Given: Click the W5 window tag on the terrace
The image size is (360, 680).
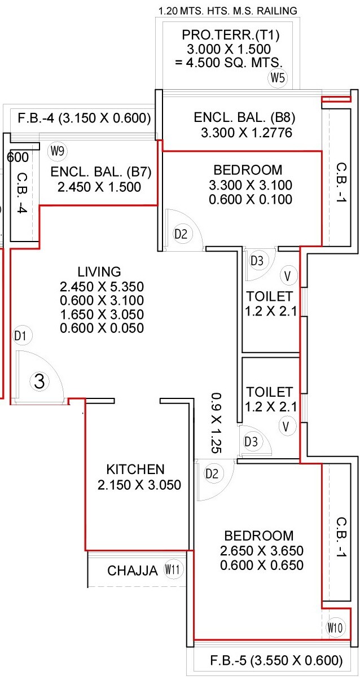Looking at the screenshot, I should click(x=278, y=78).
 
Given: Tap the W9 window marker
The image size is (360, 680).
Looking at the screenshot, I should click(x=57, y=151).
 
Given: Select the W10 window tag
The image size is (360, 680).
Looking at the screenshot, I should click(x=334, y=626).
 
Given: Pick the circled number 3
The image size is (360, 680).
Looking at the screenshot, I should click(x=39, y=382).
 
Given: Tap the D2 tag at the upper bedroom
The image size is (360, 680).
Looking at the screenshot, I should click(x=180, y=234).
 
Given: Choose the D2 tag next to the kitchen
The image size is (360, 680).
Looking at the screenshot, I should click(x=212, y=474).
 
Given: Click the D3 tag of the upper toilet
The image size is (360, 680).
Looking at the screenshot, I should click(x=257, y=261).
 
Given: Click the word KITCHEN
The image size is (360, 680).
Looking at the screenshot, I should click(x=135, y=469).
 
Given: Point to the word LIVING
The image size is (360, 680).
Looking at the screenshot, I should click(x=99, y=270).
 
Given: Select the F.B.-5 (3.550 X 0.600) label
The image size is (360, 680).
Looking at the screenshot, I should click(x=269, y=660).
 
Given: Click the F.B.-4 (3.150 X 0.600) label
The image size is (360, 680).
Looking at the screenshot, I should click(x=83, y=118).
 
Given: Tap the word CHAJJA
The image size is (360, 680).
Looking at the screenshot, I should click(x=133, y=571).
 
